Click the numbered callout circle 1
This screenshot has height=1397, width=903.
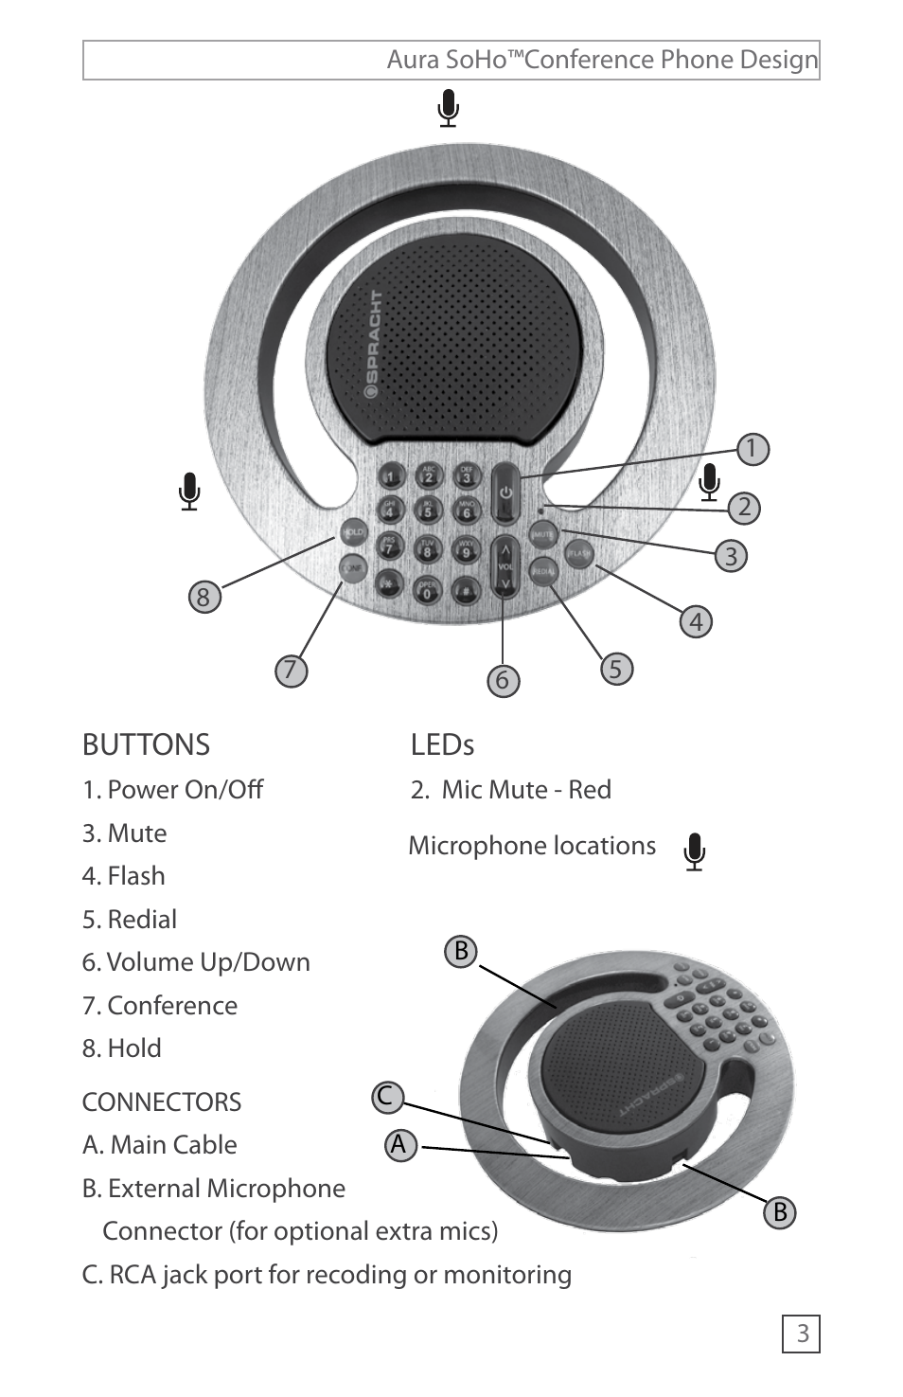752,449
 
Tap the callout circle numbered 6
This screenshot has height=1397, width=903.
503,680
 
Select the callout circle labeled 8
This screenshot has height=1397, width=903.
204,598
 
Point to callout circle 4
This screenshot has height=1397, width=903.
696,622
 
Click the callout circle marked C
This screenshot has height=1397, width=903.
386,1097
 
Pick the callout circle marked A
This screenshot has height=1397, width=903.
399,1145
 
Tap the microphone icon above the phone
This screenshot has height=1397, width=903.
449,108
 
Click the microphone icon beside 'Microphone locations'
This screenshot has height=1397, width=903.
695,851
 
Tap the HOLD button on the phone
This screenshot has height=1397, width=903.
352,532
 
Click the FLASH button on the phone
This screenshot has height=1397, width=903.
578,554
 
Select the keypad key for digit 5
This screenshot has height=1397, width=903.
428,510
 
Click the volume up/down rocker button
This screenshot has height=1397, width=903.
505,566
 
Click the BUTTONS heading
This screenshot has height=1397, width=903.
146,745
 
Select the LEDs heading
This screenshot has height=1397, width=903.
442,745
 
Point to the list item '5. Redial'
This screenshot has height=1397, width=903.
130,920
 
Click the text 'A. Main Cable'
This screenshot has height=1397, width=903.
159,1145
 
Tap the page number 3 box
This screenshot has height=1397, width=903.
802,1334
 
